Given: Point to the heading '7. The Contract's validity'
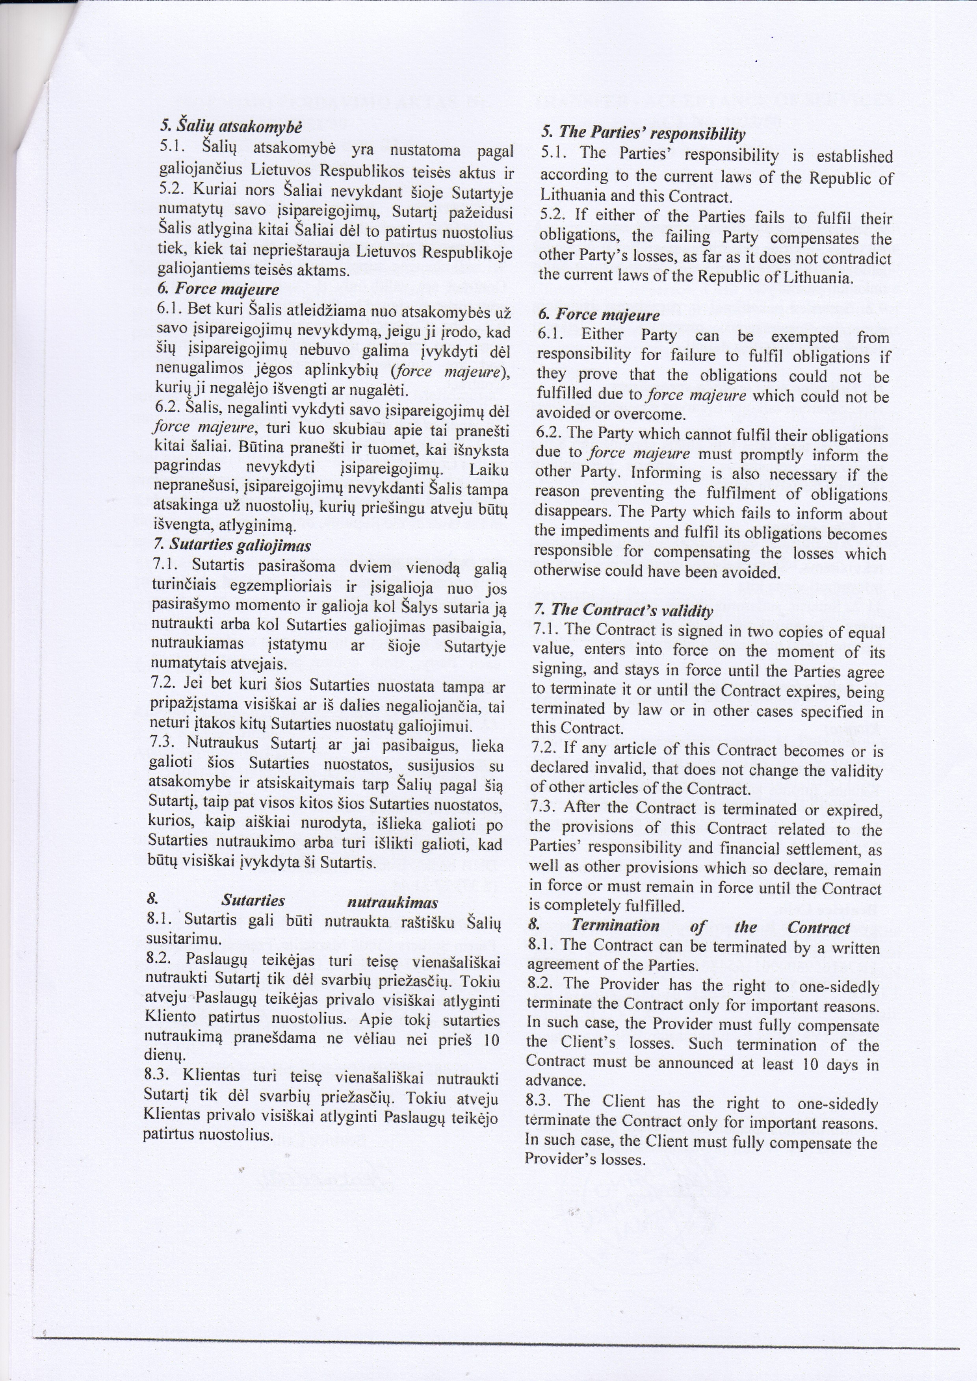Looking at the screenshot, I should tap(623, 610).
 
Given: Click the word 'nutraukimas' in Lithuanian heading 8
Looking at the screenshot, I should tap(393, 902).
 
